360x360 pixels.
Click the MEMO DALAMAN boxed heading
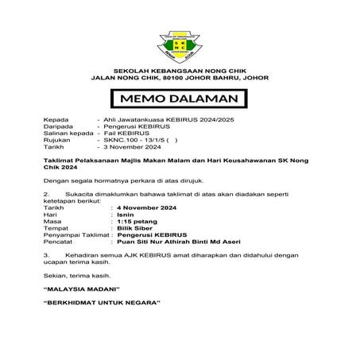pos(180,100)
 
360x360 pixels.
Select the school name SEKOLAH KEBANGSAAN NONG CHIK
pos(180,70)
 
